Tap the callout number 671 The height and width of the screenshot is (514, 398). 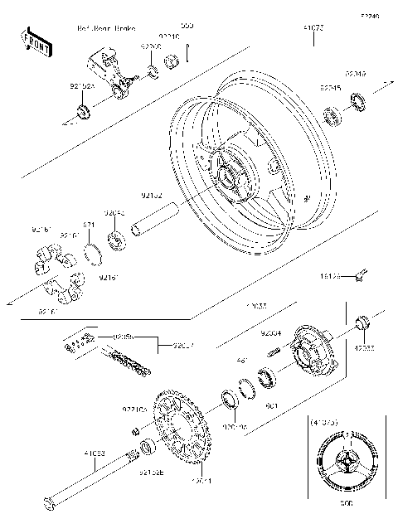90,224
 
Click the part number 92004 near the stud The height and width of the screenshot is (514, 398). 272,332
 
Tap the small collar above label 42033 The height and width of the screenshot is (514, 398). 362,322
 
